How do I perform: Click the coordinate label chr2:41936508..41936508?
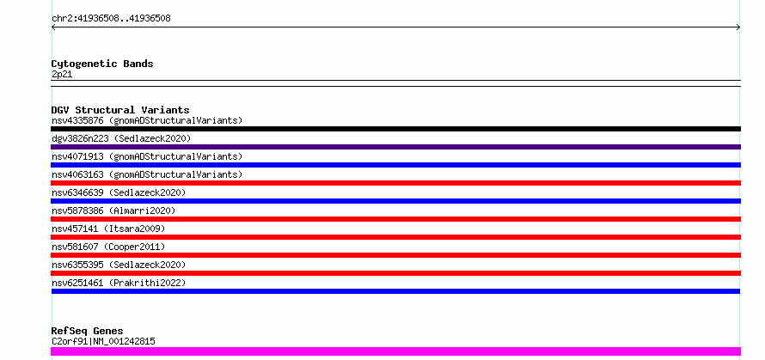coord(111,19)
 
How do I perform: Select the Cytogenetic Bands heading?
coord(102,64)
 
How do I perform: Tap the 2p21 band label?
coord(62,75)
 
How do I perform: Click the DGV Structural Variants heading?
coord(120,110)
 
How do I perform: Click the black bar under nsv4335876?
coord(395,129)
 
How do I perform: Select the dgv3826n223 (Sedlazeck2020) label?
coord(121,138)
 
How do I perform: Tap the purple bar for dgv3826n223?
coord(395,147)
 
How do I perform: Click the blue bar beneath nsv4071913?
coord(395,165)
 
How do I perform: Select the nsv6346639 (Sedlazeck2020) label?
coord(119,192)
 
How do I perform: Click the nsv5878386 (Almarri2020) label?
coord(113,211)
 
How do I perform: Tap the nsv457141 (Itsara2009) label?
coord(108,229)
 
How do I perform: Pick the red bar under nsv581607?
coord(395,255)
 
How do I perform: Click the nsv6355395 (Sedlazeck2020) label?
coord(119,265)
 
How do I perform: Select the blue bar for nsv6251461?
coord(395,291)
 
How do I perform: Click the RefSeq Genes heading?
coord(87,332)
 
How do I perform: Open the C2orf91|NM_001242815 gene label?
coord(103,341)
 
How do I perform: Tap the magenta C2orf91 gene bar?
coord(395,351)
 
